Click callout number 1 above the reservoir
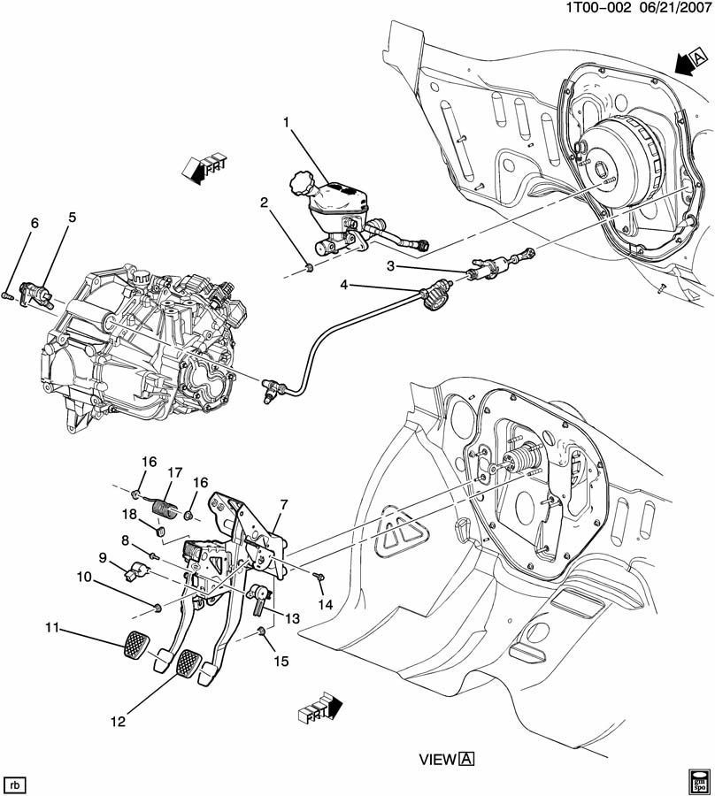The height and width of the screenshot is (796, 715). [287, 121]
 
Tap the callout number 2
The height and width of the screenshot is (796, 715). [264, 203]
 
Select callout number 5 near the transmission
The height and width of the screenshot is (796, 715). [73, 217]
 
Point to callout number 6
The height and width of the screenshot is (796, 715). [35, 224]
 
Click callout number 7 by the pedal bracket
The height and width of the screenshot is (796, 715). [284, 504]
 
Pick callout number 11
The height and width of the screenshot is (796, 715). [52, 628]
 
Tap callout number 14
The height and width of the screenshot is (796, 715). [325, 605]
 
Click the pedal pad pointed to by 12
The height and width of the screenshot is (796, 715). [190, 662]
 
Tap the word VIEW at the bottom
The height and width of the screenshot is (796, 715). [437, 759]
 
